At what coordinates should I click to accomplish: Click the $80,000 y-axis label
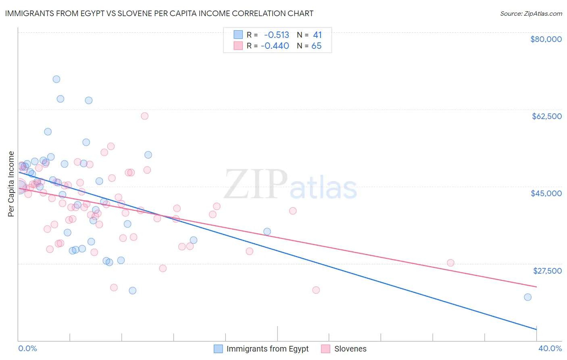[546, 39]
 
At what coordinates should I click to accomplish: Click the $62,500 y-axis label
[546, 116]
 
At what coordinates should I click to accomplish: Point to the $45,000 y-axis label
[546, 193]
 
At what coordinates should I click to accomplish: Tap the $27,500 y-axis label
[547, 271]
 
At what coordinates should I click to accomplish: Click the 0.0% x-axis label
[27, 348]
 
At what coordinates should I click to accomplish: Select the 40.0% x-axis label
[550, 348]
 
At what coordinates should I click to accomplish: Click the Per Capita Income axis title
[11, 184]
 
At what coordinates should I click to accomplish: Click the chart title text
[159, 13]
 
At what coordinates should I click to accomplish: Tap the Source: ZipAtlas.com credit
[531, 14]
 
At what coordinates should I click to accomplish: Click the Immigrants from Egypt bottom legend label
[267, 349]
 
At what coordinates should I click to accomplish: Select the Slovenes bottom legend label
[350, 349]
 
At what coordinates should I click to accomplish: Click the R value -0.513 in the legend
[276, 35]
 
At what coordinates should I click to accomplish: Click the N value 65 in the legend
[316, 46]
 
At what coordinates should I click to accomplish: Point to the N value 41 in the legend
[317, 35]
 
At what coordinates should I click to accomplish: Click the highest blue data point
[56, 79]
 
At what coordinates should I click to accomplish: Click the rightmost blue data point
[527, 297]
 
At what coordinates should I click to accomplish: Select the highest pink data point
[144, 116]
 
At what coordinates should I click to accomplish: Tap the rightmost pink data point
[450, 263]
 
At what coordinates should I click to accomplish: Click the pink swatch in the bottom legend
[325, 349]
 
